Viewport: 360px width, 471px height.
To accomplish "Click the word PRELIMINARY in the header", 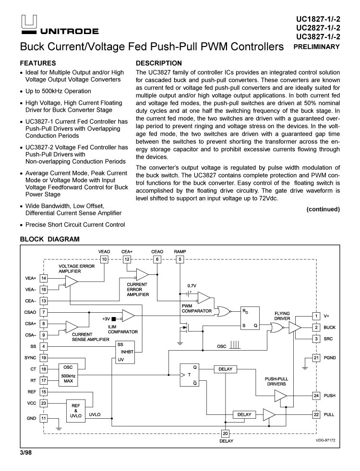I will click(x=318, y=47).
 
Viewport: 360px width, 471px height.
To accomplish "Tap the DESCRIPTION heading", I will click(x=159, y=63).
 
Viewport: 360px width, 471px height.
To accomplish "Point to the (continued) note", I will click(x=324, y=209).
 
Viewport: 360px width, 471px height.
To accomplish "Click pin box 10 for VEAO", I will click(x=104, y=259).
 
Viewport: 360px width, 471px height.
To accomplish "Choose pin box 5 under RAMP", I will click(x=180, y=259).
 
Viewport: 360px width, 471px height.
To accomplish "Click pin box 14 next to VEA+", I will click(x=44, y=278).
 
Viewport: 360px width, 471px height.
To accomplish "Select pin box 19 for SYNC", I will click(x=44, y=357).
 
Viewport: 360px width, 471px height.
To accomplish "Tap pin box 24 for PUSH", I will click(x=316, y=396).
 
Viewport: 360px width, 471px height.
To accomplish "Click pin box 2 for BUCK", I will click(x=316, y=327).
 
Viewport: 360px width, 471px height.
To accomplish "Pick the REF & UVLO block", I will click(x=75, y=411).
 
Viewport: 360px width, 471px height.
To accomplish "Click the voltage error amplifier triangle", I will click(x=71, y=283).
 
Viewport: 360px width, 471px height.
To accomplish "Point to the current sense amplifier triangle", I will click(x=72, y=327).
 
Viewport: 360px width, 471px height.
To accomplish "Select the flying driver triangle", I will click(x=294, y=327).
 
